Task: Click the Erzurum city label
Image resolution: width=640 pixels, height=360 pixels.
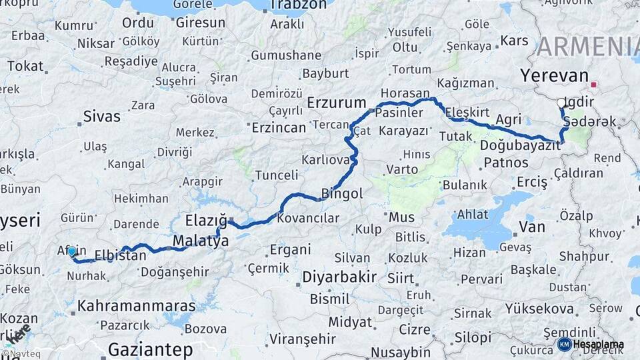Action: (337, 103)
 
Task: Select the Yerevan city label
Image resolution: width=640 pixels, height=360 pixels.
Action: (555, 75)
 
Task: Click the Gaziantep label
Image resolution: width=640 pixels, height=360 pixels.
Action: (150, 349)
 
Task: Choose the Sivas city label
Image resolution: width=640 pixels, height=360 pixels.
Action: (101, 117)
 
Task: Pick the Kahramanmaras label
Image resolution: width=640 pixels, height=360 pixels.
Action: (137, 307)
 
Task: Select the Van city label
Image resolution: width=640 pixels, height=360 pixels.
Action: (531, 227)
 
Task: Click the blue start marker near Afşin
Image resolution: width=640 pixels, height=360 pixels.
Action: (72, 251)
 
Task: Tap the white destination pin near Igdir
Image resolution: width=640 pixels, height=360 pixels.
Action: (561, 104)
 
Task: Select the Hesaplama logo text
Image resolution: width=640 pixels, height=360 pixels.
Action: (599, 345)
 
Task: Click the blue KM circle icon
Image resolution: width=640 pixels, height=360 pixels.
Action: (564, 345)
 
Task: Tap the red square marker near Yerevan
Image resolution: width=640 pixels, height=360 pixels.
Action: (593, 85)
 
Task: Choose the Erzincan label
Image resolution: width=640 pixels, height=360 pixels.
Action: (279, 127)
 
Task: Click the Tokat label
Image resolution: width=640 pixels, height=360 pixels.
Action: (25, 67)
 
